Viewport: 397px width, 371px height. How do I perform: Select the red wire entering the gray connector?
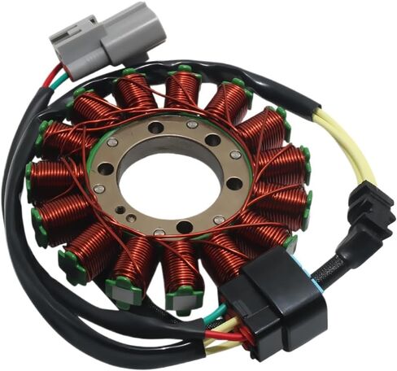tap(55, 77)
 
